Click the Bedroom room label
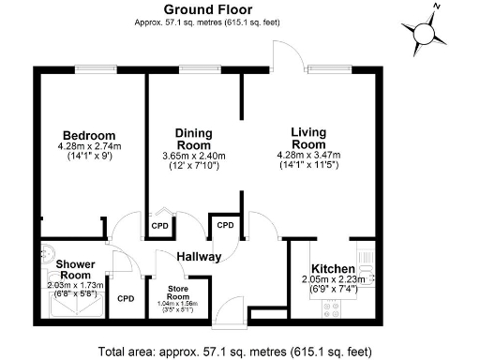[x=89, y=135]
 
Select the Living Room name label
[x=307, y=138]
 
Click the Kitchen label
[x=333, y=267]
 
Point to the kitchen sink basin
[x=367, y=278]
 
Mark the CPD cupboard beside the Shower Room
[x=126, y=298]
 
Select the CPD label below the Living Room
[x=225, y=226]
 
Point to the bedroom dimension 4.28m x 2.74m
[x=89, y=147]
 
